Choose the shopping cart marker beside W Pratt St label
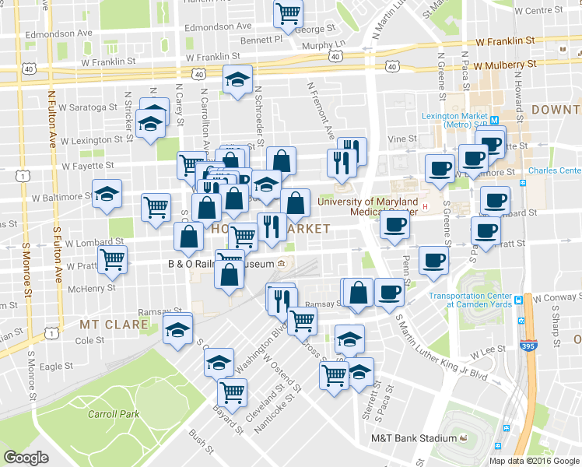(113, 262)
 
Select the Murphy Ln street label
(323, 45)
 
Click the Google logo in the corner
(26, 458)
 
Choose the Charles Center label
(554, 170)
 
